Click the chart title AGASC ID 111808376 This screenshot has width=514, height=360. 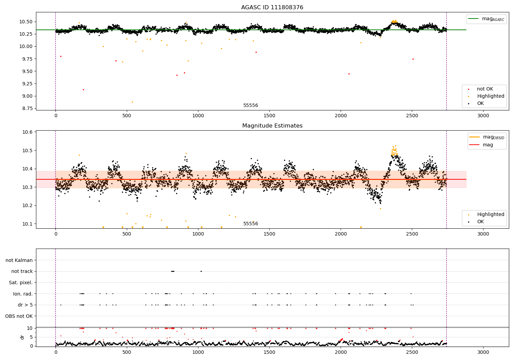tap(272, 8)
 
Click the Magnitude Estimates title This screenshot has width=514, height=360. tap(272, 126)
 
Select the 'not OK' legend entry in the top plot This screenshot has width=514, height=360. tap(485, 89)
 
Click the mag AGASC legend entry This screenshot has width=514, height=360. tap(493, 19)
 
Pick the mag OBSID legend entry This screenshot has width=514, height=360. tap(493, 137)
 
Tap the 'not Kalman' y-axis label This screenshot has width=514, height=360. tap(19, 260)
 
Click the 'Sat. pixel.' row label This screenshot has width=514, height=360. tap(21, 283)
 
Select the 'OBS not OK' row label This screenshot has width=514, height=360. tap(19, 316)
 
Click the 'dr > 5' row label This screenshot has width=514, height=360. tap(25, 305)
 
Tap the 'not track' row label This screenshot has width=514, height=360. tap(22, 272)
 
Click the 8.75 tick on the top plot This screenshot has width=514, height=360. tap(26, 108)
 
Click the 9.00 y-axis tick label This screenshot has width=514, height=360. tap(26, 96)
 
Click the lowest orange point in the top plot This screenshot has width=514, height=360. tap(132, 102)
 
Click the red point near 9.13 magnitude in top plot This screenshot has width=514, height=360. tap(83, 89)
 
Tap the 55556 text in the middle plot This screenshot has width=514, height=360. tap(250, 224)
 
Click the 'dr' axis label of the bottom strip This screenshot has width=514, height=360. tap(22, 337)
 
